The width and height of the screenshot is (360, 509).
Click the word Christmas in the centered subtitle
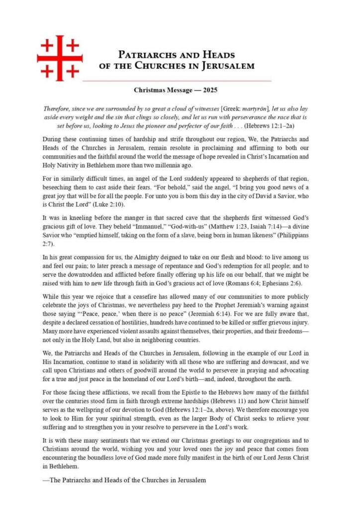click(x=150, y=90)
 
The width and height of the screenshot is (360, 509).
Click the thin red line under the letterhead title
click(x=177, y=81)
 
